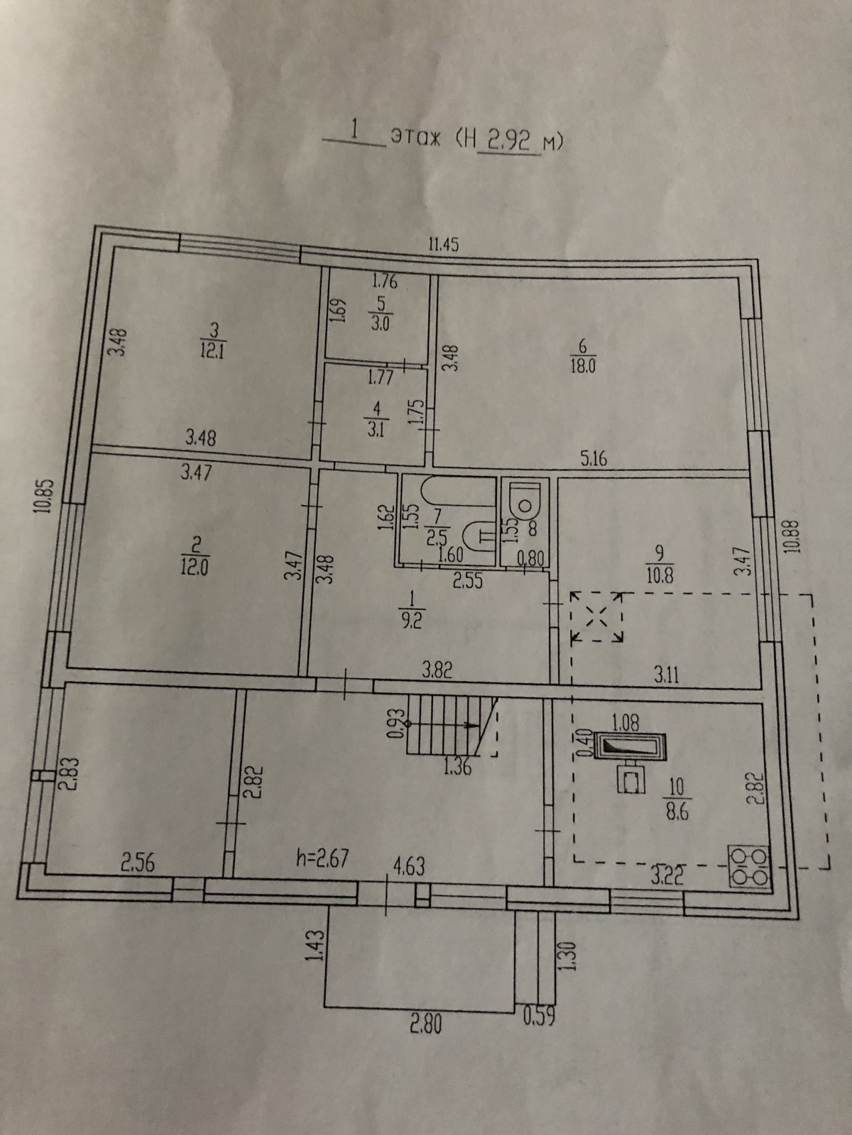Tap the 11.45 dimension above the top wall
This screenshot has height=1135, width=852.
pyautogui.click(x=444, y=245)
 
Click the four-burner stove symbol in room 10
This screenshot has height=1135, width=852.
pyautogui.click(x=749, y=867)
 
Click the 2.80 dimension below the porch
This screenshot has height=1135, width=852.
pyautogui.click(x=425, y=1024)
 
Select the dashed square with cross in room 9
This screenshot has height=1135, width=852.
pyautogui.click(x=598, y=617)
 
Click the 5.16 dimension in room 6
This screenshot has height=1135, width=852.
pyautogui.click(x=594, y=459)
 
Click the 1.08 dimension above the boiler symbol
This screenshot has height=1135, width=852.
pyautogui.click(x=626, y=724)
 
